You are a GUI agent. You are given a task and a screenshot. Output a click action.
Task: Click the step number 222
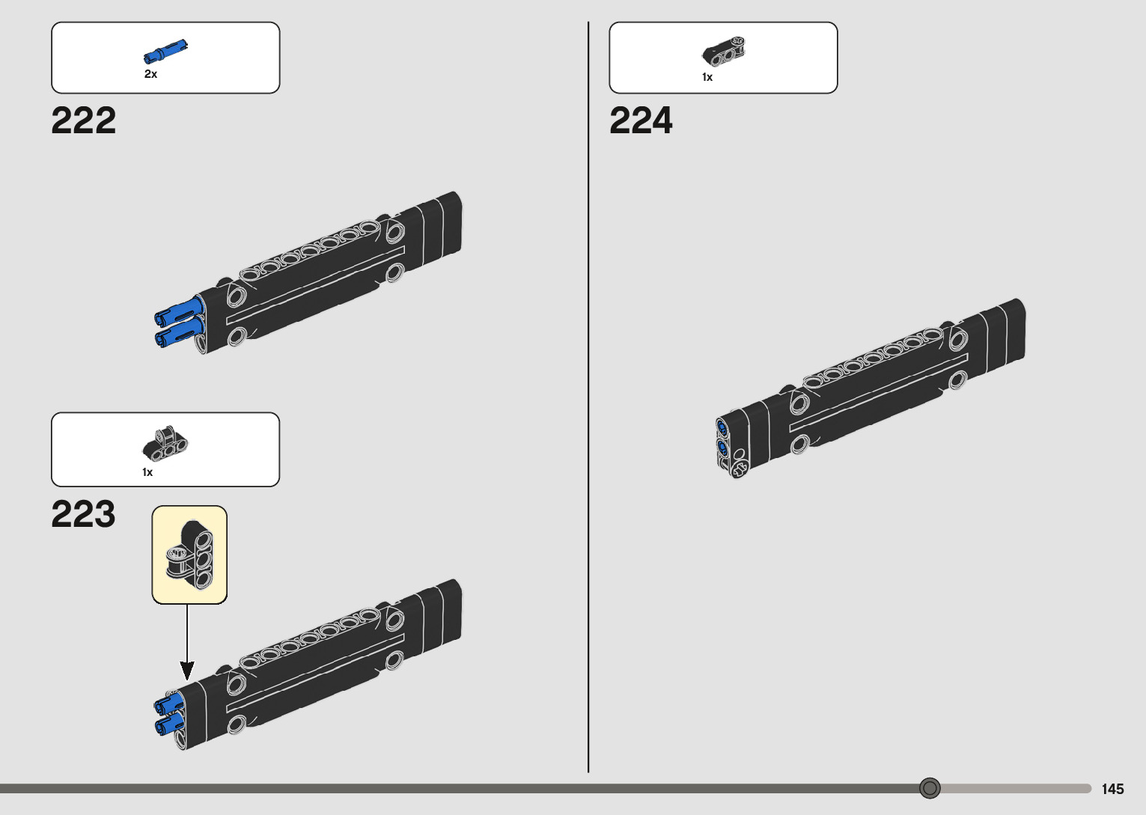pos(84,120)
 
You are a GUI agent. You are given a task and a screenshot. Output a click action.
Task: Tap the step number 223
pos(83,514)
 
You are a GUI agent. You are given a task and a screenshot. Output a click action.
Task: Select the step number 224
pos(641,120)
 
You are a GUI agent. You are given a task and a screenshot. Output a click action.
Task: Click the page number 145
pos(1112,789)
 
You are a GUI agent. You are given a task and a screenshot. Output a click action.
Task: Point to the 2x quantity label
pos(150,74)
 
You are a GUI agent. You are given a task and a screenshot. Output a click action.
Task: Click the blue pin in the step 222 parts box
pos(165,51)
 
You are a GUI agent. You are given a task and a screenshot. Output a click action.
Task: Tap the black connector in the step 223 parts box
pos(165,445)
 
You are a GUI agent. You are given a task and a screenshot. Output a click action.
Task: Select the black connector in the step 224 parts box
pos(724,51)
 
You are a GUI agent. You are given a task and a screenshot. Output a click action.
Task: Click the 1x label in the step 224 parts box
pos(707,77)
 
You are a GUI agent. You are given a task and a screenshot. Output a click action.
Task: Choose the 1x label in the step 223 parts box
pos(147,472)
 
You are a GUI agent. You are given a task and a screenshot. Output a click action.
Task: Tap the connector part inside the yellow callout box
pos(190,555)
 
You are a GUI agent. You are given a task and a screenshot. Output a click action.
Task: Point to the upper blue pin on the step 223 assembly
pos(169,703)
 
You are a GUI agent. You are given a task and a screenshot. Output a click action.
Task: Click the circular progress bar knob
pos(930,788)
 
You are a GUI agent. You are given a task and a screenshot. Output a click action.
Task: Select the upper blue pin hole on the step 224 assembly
pos(722,428)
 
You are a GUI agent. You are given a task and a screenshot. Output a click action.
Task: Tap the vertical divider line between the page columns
pos(588,397)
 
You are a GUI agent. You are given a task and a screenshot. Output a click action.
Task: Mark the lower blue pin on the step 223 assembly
pos(169,724)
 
